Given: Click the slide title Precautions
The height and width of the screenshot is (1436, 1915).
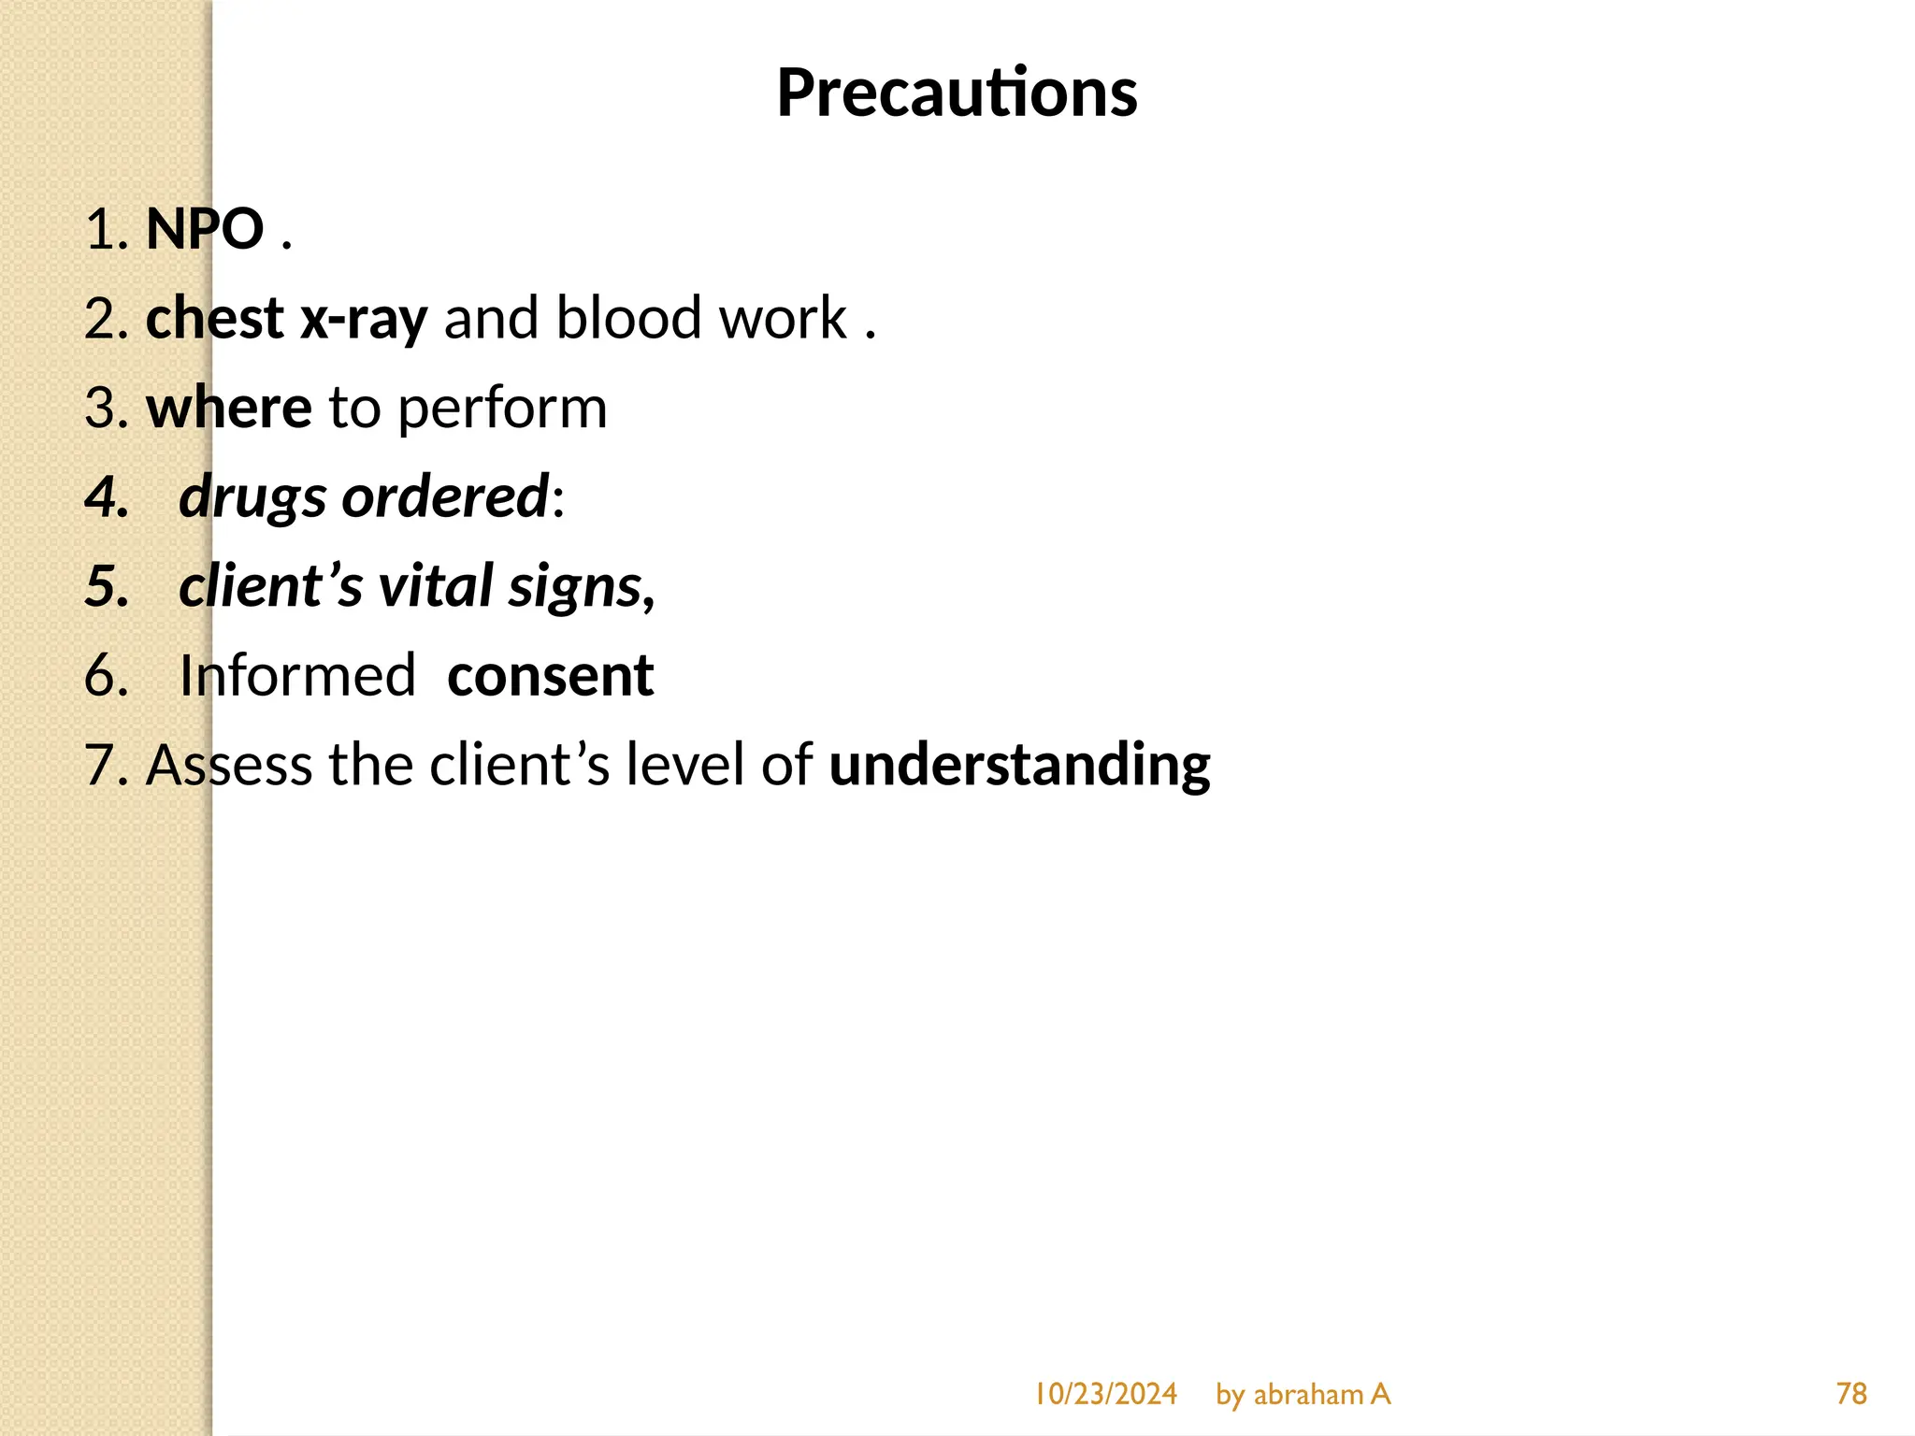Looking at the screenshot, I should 957,93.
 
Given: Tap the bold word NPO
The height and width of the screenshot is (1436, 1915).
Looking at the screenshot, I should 205,229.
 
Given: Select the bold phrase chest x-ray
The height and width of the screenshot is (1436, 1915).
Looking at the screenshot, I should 286,319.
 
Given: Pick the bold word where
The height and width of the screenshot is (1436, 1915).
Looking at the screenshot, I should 228,409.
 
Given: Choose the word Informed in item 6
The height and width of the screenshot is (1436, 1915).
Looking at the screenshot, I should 297,676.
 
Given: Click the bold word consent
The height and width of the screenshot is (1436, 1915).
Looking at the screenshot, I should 550,676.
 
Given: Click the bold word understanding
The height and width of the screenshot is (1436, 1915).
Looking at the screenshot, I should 1019,766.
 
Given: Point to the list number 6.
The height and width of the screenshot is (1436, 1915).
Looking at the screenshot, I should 105,676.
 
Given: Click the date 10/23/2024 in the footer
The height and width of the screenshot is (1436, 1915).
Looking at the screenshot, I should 1105,1394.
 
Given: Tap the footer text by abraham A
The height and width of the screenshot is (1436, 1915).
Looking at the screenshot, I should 1303,1394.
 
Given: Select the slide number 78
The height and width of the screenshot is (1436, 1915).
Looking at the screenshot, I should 1850,1394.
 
